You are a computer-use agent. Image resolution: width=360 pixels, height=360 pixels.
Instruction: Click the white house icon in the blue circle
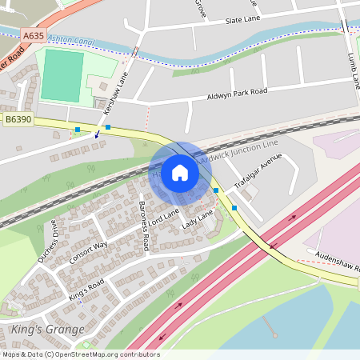point(179,173)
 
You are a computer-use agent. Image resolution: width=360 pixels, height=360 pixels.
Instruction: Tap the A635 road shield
point(34,36)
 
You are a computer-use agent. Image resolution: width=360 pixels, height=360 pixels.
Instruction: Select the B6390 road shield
point(18,118)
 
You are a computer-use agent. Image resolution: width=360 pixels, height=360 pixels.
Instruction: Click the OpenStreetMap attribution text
point(80,354)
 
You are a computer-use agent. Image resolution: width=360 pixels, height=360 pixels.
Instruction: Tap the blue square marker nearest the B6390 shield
point(77,130)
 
